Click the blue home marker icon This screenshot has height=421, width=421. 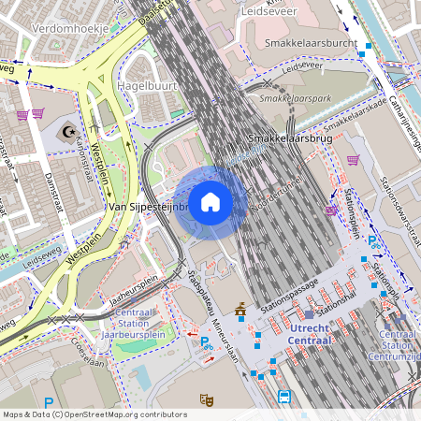click(x=210, y=202)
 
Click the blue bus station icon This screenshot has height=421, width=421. click(x=284, y=397)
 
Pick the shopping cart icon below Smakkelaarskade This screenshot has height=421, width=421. click(x=353, y=159)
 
